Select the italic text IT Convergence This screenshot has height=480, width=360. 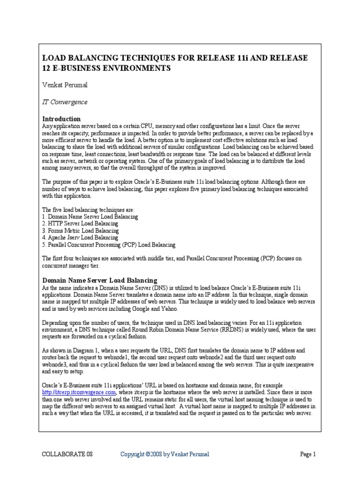coord(65,102)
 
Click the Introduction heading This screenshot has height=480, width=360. coord(61,119)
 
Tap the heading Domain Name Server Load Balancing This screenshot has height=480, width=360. coord(99,280)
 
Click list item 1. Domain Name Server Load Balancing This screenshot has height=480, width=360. coord(90,217)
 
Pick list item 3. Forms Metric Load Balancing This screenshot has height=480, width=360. coord(80,231)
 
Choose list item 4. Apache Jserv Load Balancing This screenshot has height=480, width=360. coord(80,238)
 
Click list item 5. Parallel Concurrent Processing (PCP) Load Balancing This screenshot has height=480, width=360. coord(109,245)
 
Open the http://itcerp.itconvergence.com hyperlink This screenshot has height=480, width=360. coord(79,392)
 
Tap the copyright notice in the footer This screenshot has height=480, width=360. coord(165,454)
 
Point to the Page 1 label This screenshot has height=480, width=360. coord(308,454)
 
